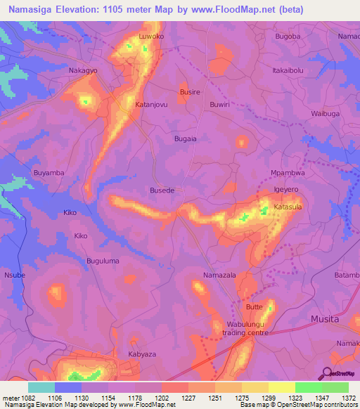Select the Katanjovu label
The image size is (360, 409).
tap(150, 105)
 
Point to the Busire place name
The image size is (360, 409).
tap(190, 92)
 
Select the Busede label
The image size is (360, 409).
tap(162, 190)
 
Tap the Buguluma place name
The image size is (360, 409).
tap(103, 261)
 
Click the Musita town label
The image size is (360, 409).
tap(324, 319)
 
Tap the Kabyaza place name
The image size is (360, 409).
tap(141, 355)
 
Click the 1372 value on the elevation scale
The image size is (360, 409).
tap(349, 398)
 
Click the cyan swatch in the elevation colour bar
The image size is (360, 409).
tap(41, 387)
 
